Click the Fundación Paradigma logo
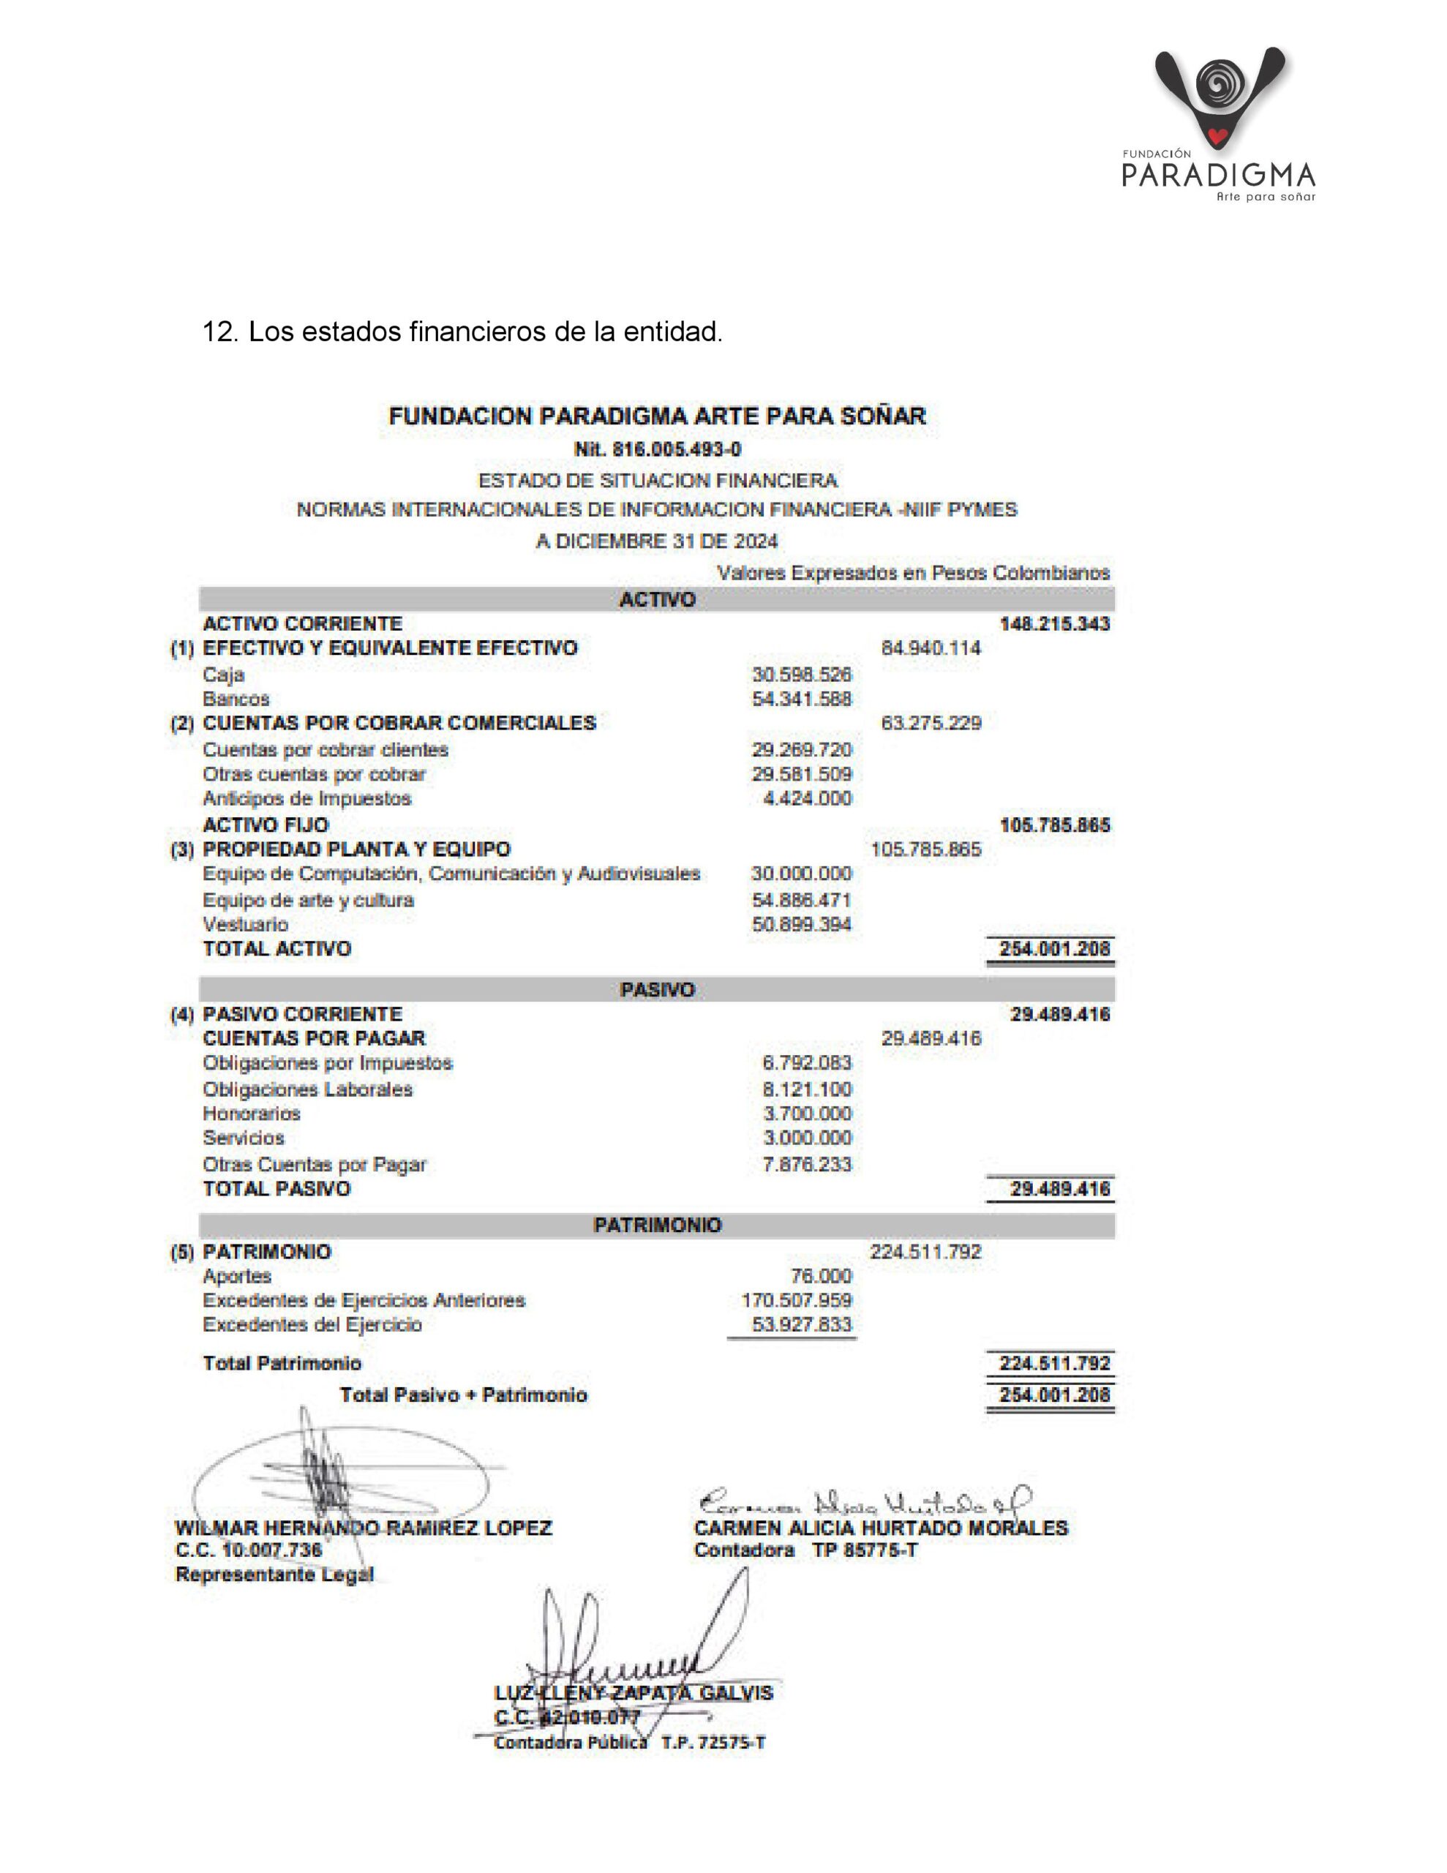coord(1219,124)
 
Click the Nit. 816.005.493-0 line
coord(657,448)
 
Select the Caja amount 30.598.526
coord(801,675)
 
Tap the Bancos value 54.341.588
coord(801,699)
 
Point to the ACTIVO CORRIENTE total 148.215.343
coord(1054,623)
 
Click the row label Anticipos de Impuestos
coord(307,798)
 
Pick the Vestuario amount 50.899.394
coord(801,925)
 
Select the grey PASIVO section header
coord(657,990)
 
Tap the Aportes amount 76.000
coord(821,1276)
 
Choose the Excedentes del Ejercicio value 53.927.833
coord(801,1324)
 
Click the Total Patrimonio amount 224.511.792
coord(1054,1364)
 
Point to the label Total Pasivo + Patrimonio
coord(463,1395)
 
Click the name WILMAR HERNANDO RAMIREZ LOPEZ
coord(364,1528)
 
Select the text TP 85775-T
coord(865,1550)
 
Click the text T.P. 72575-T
coord(713,1743)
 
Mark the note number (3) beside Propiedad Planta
coord(182,850)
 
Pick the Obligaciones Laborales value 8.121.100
coord(807,1090)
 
